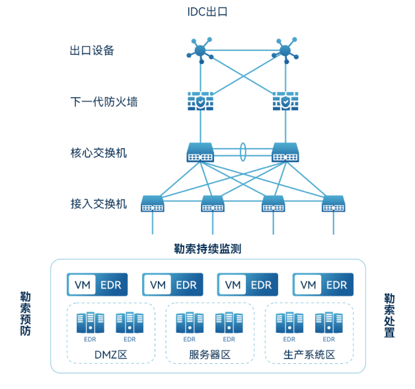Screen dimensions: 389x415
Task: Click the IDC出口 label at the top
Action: [207, 12]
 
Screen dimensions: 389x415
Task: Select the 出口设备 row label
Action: [92, 50]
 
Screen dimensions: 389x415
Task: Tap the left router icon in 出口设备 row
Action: [200, 50]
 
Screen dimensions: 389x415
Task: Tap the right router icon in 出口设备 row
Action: [285, 50]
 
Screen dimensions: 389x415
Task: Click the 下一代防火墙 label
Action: [104, 102]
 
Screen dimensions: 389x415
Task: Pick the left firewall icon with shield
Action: [200, 103]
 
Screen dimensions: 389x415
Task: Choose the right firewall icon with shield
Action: [285, 103]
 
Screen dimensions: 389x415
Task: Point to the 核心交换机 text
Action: [98, 153]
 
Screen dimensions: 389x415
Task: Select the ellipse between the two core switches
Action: [243, 151]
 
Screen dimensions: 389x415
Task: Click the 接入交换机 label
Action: [98, 203]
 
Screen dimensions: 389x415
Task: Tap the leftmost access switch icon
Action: [153, 204]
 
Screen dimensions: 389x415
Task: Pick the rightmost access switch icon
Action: [333, 204]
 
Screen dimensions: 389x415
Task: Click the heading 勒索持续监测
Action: [207, 249]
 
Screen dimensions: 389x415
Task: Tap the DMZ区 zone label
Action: [110, 355]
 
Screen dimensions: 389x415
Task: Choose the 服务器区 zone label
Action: [209, 355]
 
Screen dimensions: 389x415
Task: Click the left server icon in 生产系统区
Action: [289, 323]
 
